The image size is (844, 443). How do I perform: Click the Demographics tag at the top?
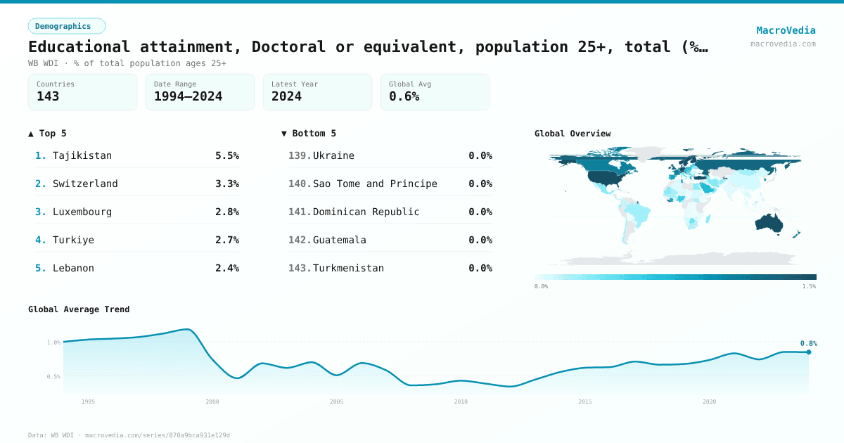tap(66, 26)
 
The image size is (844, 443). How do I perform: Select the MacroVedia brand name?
tap(786, 30)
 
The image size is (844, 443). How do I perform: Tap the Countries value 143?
tap(48, 96)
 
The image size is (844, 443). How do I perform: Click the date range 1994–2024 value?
tap(188, 96)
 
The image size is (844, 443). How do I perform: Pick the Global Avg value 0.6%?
tap(404, 96)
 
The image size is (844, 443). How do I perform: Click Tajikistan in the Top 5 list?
tap(82, 155)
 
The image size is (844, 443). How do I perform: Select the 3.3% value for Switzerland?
tap(226, 184)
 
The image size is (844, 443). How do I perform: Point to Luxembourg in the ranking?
tap(82, 212)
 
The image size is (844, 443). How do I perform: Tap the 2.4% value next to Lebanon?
tap(226, 268)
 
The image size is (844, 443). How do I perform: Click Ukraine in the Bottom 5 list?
tap(333, 155)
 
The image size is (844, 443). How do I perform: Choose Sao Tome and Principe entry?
tap(375, 184)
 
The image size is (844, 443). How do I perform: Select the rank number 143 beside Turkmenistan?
tap(299, 268)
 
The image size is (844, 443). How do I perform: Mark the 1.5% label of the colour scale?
tap(809, 287)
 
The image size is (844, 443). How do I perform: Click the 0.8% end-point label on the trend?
tap(808, 343)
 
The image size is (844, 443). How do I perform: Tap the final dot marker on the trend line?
tap(808, 352)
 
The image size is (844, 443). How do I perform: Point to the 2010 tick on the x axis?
tap(461, 402)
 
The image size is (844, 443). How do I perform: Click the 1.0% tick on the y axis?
tap(53, 342)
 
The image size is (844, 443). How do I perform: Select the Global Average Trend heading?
tap(79, 309)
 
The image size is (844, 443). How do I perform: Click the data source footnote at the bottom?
tap(129, 435)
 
